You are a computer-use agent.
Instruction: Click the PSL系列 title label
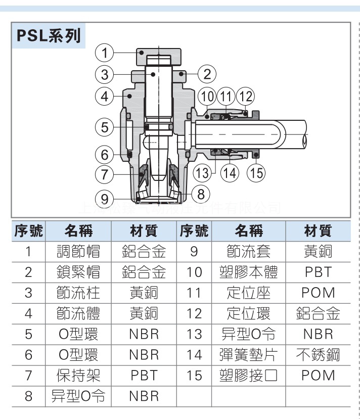click(49, 36)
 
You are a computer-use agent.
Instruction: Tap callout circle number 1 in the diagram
click(105, 53)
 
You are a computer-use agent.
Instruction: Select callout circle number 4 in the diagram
click(105, 96)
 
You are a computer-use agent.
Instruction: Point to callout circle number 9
click(105, 198)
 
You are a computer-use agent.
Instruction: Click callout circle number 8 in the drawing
click(201, 193)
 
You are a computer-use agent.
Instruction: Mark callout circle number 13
click(202, 173)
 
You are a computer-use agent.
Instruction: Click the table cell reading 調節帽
click(78, 251)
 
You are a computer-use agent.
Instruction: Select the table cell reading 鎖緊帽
click(78, 272)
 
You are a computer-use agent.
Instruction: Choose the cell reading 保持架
click(78, 376)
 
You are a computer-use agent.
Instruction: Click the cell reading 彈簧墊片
click(249, 355)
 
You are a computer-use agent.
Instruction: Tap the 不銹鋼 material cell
click(318, 355)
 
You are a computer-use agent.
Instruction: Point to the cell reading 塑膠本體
click(249, 272)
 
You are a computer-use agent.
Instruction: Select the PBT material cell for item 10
click(318, 272)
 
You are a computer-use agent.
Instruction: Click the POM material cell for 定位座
click(318, 293)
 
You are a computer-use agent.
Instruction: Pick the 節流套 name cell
click(249, 251)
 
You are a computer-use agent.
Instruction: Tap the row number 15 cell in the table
click(194, 376)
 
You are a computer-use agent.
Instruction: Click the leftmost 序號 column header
click(28, 231)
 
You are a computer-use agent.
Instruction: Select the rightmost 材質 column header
click(318, 231)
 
